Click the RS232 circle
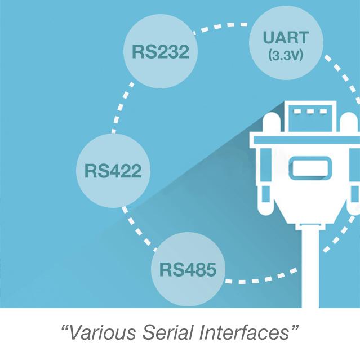click(x=160, y=52)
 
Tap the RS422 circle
click(x=112, y=170)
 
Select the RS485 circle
click(x=188, y=269)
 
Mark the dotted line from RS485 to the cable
click(x=259, y=279)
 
